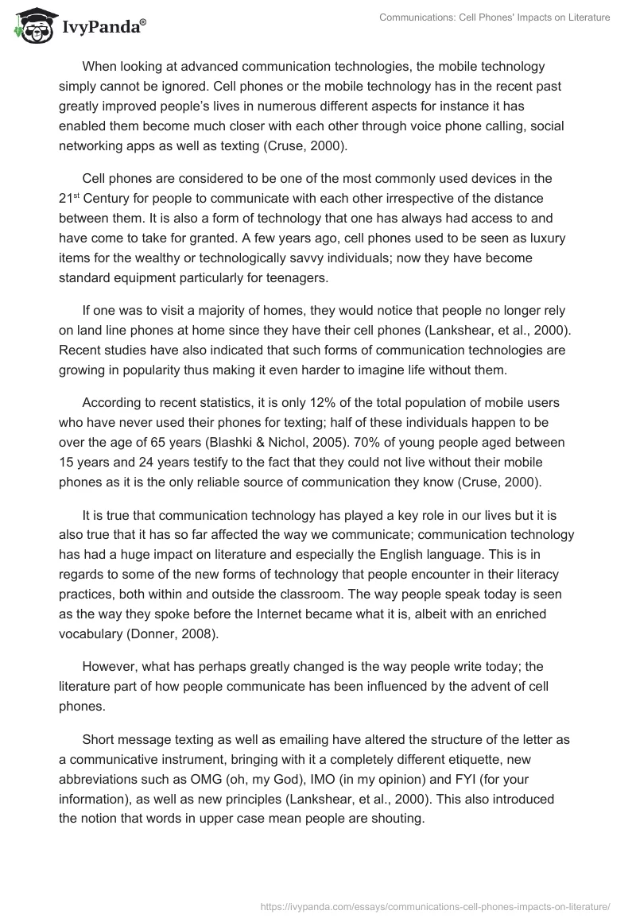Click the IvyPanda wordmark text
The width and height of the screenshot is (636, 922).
point(103,28)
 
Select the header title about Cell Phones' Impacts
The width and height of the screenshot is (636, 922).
point(494,17)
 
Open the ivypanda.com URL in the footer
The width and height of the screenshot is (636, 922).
point(436,905)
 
